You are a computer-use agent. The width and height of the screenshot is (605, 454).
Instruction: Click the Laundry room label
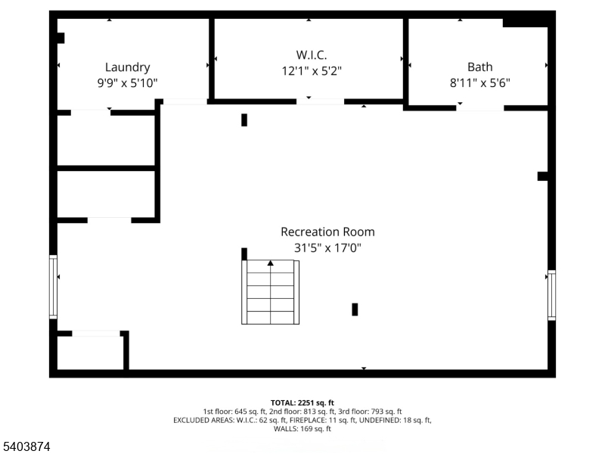[127, 67]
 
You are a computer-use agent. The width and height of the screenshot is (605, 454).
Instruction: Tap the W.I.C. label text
[312, 54]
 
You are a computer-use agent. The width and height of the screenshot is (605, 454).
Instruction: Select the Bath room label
[480, 67]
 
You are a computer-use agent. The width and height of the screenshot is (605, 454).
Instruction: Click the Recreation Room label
[327, 232]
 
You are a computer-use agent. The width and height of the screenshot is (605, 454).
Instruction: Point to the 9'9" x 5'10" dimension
[127, 82]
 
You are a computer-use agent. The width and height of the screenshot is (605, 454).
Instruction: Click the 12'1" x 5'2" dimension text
[312, 71]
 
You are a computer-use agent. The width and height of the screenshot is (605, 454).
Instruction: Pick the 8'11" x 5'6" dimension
[480, 82]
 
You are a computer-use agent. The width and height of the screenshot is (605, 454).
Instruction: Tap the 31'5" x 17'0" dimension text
[327, 247]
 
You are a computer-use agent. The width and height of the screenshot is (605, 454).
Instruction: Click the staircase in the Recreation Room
[271, 292]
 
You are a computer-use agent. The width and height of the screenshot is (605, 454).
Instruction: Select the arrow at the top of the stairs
[271, 263]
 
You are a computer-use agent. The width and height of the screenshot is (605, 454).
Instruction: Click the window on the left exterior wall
[53, 287]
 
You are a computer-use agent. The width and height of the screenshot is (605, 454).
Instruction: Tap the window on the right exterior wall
[552, 295]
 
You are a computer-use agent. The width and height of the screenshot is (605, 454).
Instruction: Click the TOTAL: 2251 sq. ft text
[302, 403]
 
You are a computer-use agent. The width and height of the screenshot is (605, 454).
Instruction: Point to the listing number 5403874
[25, 446]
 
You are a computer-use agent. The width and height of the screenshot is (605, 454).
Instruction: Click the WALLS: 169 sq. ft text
[302, 428]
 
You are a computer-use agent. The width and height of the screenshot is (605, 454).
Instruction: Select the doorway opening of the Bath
[480, 108]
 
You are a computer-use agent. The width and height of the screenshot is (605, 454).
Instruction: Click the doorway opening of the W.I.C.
[320, 101]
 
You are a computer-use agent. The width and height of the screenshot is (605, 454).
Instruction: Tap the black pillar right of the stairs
[355, 309]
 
